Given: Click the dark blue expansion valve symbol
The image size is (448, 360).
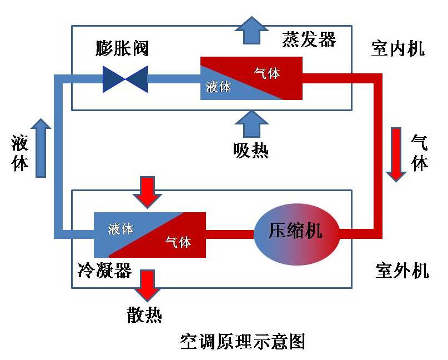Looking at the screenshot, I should pos(125,79).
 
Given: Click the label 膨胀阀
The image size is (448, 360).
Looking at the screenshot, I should pos(122,48).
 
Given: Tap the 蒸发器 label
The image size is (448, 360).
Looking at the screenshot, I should pos(309,40).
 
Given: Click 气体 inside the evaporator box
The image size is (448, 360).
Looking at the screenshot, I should pos(266,73).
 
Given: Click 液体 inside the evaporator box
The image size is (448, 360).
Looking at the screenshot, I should pos(218,87).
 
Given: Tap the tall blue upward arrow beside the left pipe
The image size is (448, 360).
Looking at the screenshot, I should pos(40,148).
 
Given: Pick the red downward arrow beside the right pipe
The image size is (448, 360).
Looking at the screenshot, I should pos(396,154).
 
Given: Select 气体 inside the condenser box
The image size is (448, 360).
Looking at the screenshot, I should pos(178,242).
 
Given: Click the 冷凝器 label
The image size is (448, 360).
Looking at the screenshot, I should pos(104,271).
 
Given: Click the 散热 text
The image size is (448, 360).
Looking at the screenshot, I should pos(144,316).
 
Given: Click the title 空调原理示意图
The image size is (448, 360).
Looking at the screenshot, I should pos(243,341).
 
